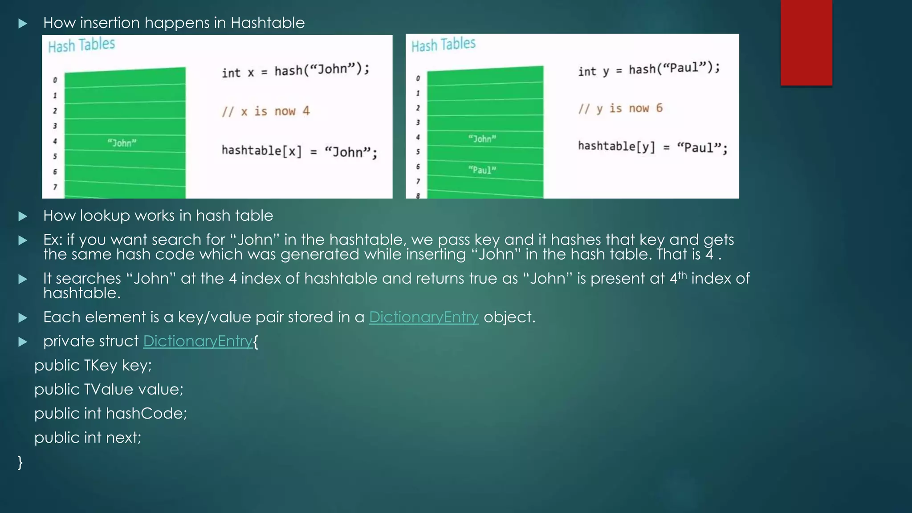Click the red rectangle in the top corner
[806, 42]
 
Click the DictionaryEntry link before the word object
[423, 317]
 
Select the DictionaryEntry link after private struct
[198, 341]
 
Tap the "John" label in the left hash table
[122, 143]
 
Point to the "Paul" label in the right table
[482, 170]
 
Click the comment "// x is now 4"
[266, 111]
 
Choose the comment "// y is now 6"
[620, 108]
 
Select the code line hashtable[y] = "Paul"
[652, 147]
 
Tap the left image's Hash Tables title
[81, 45]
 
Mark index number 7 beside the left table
[55, 187]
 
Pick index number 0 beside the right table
[418, 78]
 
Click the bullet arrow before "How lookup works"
[23, 216]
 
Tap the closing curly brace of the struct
[20, 462]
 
